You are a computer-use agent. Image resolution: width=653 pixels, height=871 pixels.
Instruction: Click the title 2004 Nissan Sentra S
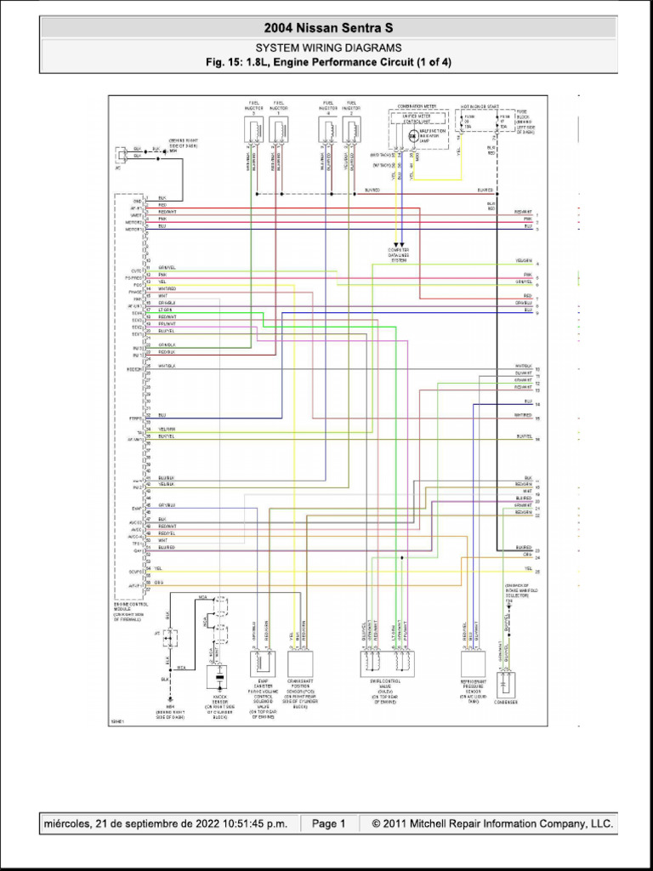(328, 27)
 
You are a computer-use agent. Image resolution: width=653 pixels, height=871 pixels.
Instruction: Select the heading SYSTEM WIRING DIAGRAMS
(328, 48)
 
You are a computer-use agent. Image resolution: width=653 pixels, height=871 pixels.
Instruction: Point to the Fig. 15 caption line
(328, 62)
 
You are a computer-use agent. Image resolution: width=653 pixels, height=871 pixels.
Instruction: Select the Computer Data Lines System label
(400, 255)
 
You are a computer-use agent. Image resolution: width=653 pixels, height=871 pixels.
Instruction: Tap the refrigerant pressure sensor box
(473, 664)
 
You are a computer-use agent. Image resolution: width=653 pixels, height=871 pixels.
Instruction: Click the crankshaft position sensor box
(301, 663)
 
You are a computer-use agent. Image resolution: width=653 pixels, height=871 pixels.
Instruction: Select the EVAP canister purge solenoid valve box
(262, 663)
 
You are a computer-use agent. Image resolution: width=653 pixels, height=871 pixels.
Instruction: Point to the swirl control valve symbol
(387, 663)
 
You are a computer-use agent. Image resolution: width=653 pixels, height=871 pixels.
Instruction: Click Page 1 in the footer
(328, 823)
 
